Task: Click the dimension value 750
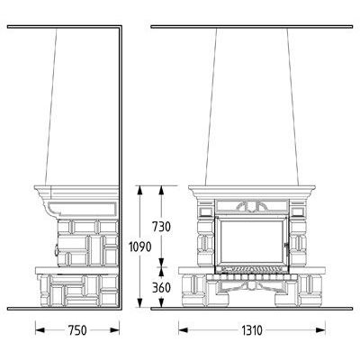(77, 330)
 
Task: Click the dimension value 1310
(252, 330)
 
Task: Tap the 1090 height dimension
(139, 247)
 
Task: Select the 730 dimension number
(161, 227)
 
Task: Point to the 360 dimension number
(161, 288)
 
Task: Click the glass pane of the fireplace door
(252, 241)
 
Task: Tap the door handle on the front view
(287, 249)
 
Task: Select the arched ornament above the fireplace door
(251, 206)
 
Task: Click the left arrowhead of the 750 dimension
(40, 330)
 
